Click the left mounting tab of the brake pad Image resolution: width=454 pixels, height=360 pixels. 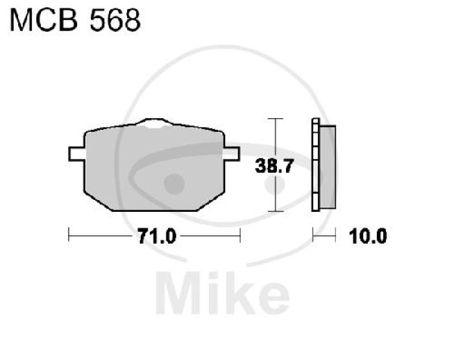76,153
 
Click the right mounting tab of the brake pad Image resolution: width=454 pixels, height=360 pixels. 232,153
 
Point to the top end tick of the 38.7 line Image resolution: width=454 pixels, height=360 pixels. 275,119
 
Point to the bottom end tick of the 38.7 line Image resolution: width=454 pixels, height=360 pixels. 275,211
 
